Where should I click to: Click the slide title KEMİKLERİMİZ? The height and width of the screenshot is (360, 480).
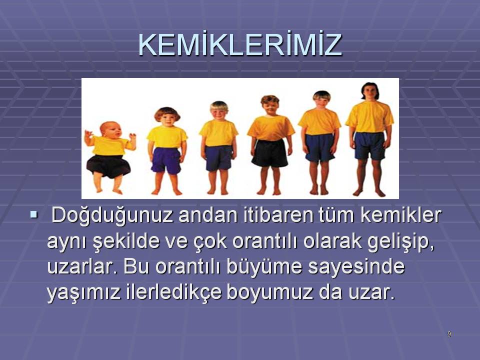click(x=240, y=44)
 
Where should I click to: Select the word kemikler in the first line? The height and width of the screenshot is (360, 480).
click(x=400, y=214)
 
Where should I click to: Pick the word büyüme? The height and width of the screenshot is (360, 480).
click(x=264, y=267)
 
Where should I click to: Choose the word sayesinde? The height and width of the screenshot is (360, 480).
click(x=356, y=266)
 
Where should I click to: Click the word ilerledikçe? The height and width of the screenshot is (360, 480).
click(x=173, y=293)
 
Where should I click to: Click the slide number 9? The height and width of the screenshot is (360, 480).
click(x=449, y=334)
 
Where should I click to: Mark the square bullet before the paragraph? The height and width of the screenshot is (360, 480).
click(x=33, y=215)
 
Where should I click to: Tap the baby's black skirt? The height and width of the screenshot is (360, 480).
click(x=108, y=165)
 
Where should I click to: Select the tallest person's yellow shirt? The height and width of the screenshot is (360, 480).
click(x=370, y=116)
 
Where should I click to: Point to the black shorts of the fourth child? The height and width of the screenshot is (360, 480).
click(x=269, y=153)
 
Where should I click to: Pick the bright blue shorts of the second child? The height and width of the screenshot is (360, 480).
click(x=166, y=160)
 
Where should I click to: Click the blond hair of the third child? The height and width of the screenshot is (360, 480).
click(x=219, y=106)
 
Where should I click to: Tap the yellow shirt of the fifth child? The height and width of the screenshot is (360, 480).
click(x=319, y=121)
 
